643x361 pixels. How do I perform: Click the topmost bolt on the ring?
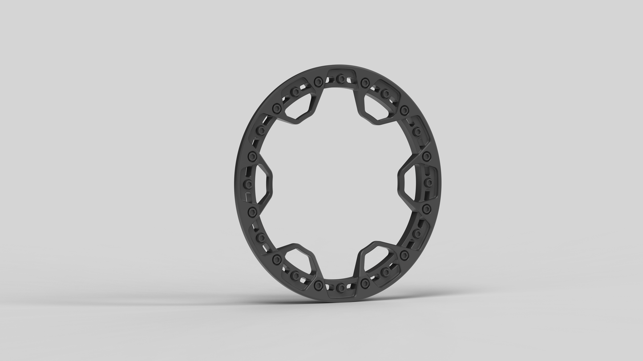pyautogui.click(x=340, y=79)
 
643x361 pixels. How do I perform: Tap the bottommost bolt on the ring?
pyautogui.click(x=340, y=288)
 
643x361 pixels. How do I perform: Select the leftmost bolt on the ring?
pyautogui.click(x=248, y=184)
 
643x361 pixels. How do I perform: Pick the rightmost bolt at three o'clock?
pyautogui.click(x=428, y=183)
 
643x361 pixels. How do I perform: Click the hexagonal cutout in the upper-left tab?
pyautogui.click(x=299, y=107)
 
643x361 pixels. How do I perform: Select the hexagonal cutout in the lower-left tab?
pyautogui.click(x=299, y=260)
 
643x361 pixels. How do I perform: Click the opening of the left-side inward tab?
pyautogui.click(x=263, y=183)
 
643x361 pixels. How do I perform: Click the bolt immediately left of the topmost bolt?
pyautogui.click(x=318, y=82)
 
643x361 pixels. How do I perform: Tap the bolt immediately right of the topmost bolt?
pyautogui.click(x=365, y=83)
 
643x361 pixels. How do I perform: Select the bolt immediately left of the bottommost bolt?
pyautogui.click(x=318, y=285)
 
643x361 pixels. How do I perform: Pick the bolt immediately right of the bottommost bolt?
pyautogui.click(x=365, y=284)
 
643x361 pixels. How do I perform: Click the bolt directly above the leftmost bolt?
pyautogui.click(x=252, y=156)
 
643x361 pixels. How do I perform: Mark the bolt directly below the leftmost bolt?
pyautogui.click(x=252, y=212)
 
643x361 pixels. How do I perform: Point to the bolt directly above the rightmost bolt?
pyautogui.click(x=426, y=156)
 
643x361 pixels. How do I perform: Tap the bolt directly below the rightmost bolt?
pyautogui.click(x=426, y=209)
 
